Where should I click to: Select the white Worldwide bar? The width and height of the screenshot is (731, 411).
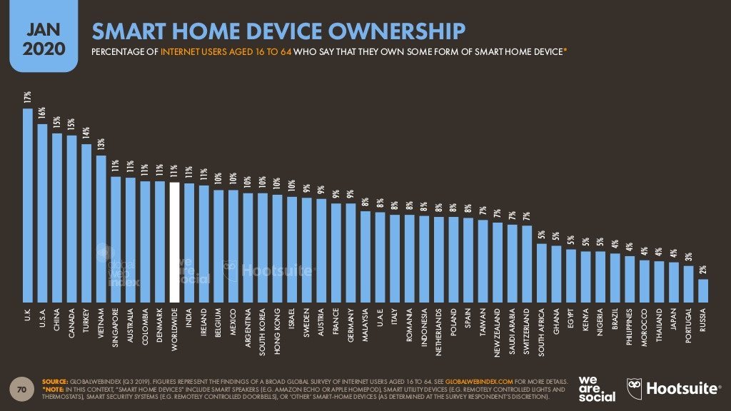(174, 243)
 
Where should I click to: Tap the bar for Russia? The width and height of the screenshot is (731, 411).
(703, 290)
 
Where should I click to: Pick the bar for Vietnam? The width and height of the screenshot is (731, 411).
(101, 228)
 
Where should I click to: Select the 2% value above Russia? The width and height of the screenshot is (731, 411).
(703, 269)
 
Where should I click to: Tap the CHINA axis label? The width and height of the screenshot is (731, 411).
(57, 322)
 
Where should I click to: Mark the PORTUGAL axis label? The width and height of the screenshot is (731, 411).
(689, 328)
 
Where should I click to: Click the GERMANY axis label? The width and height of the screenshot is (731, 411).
(351, 325)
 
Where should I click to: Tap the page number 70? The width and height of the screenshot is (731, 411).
(22, 390)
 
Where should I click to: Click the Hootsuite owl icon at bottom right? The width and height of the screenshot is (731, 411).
(635, 388)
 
